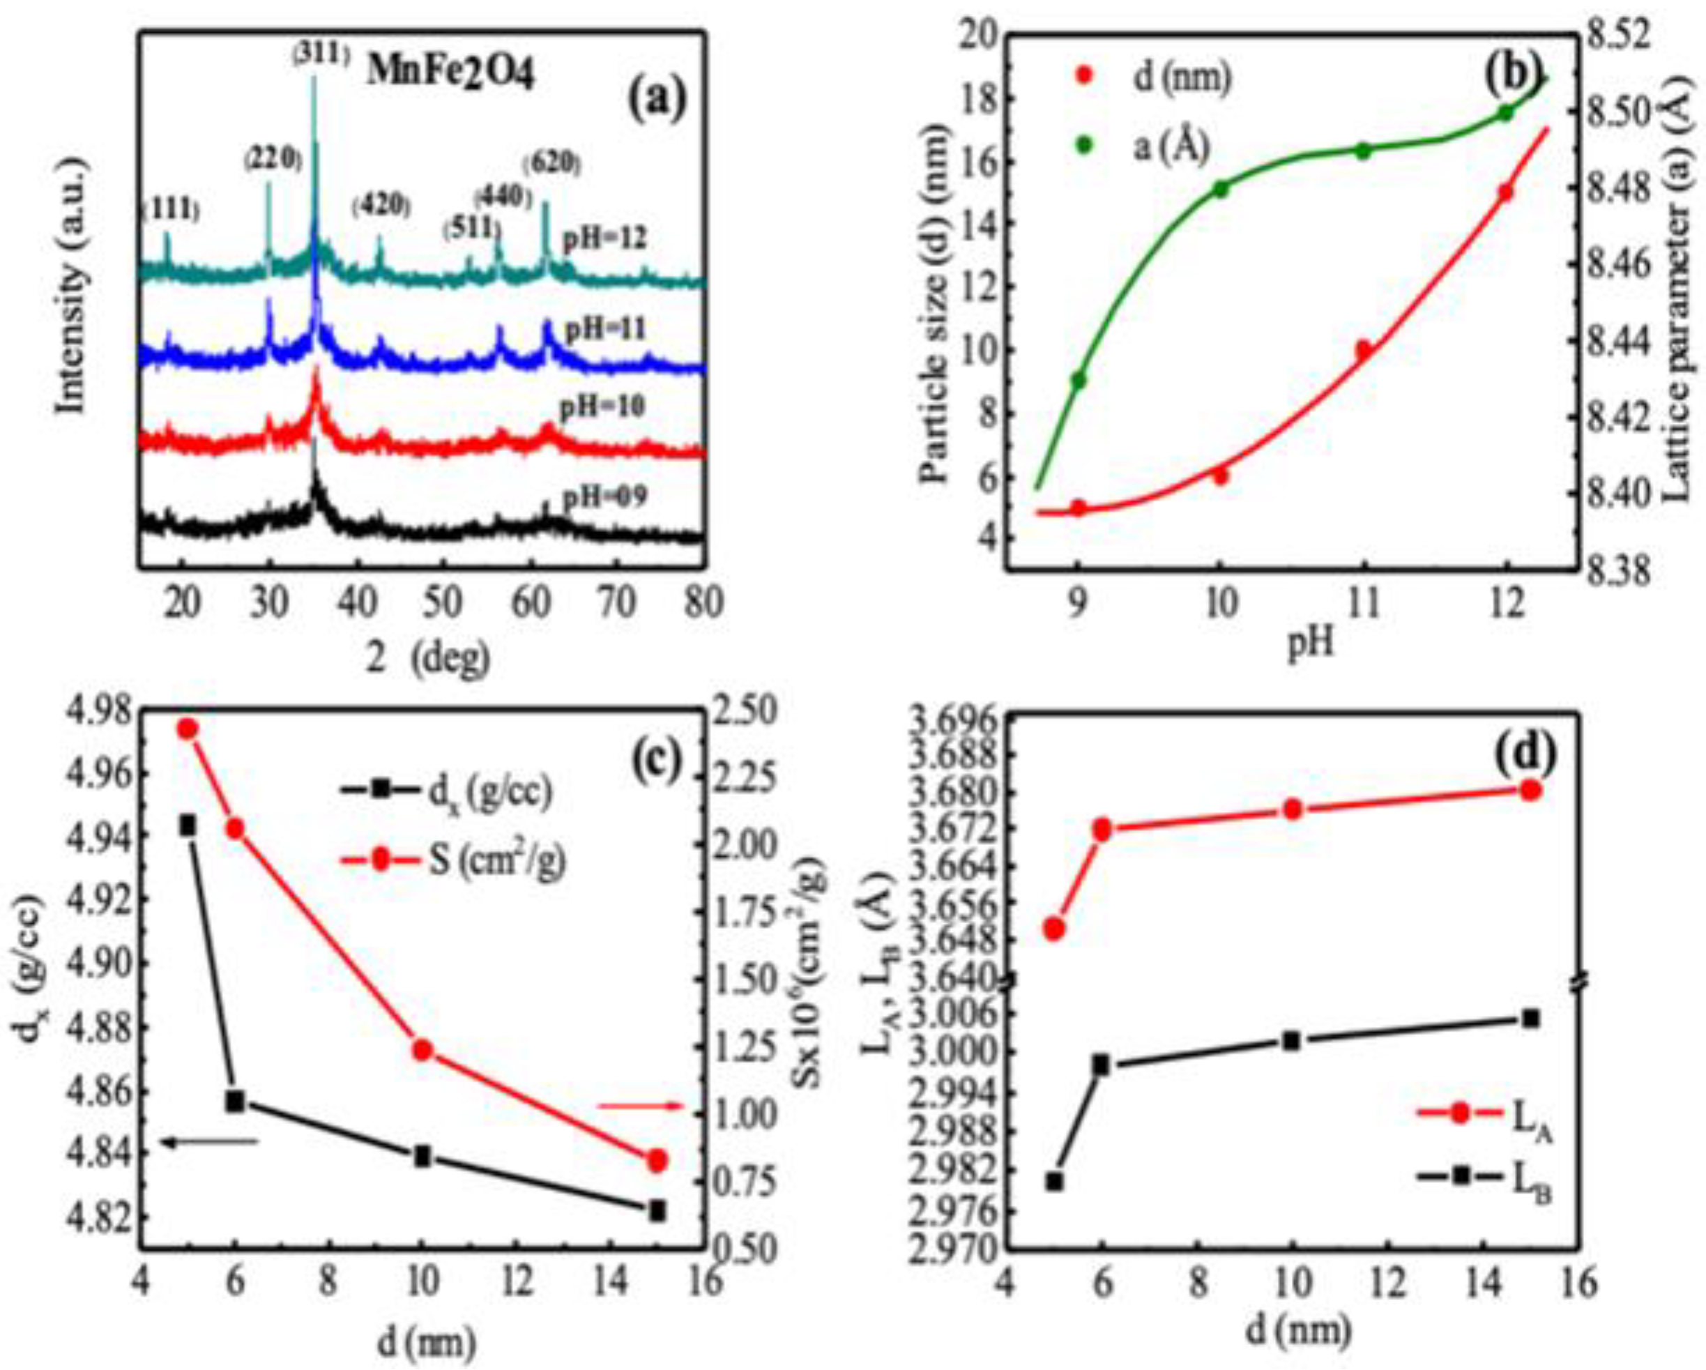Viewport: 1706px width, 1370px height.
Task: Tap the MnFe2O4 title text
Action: [x=450, y=76]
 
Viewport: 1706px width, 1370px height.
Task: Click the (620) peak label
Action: [x=552, y=164]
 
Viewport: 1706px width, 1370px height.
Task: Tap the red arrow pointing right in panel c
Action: [x=639, y=1106]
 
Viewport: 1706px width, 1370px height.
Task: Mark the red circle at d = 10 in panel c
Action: [x=422, y=1050]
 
